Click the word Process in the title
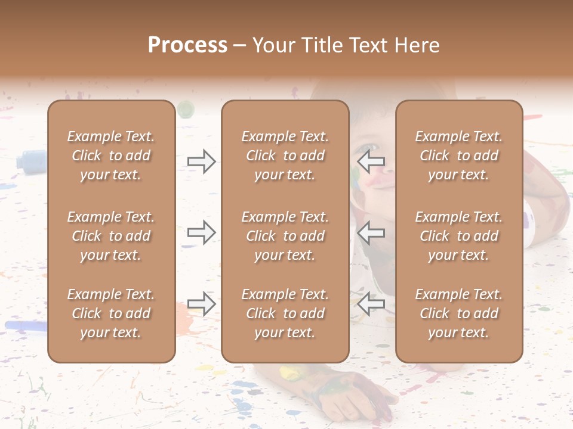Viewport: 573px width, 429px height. pos(187,45)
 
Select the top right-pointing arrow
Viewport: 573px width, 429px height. pos(202,161)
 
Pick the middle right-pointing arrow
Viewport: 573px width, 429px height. pos(202,232)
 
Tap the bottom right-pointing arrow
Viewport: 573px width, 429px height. pos(202,304)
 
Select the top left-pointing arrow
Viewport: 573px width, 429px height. pos(371,161)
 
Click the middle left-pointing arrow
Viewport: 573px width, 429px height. pos(371,232)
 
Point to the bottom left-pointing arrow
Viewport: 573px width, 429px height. pos(371,304)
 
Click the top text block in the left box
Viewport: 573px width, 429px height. pos(111,156)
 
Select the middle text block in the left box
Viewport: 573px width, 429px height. pos(111,236)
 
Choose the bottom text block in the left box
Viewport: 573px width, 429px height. pos(111,313)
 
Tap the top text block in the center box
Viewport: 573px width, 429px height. pos(285,156)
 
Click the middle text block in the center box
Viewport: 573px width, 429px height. pos(285,236)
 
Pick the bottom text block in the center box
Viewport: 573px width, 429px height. pos(285,313)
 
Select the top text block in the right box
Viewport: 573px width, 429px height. pos(458,156)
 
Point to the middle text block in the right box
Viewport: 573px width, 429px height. pos(458,236)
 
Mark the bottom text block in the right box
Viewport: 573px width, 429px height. pos(458,313)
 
